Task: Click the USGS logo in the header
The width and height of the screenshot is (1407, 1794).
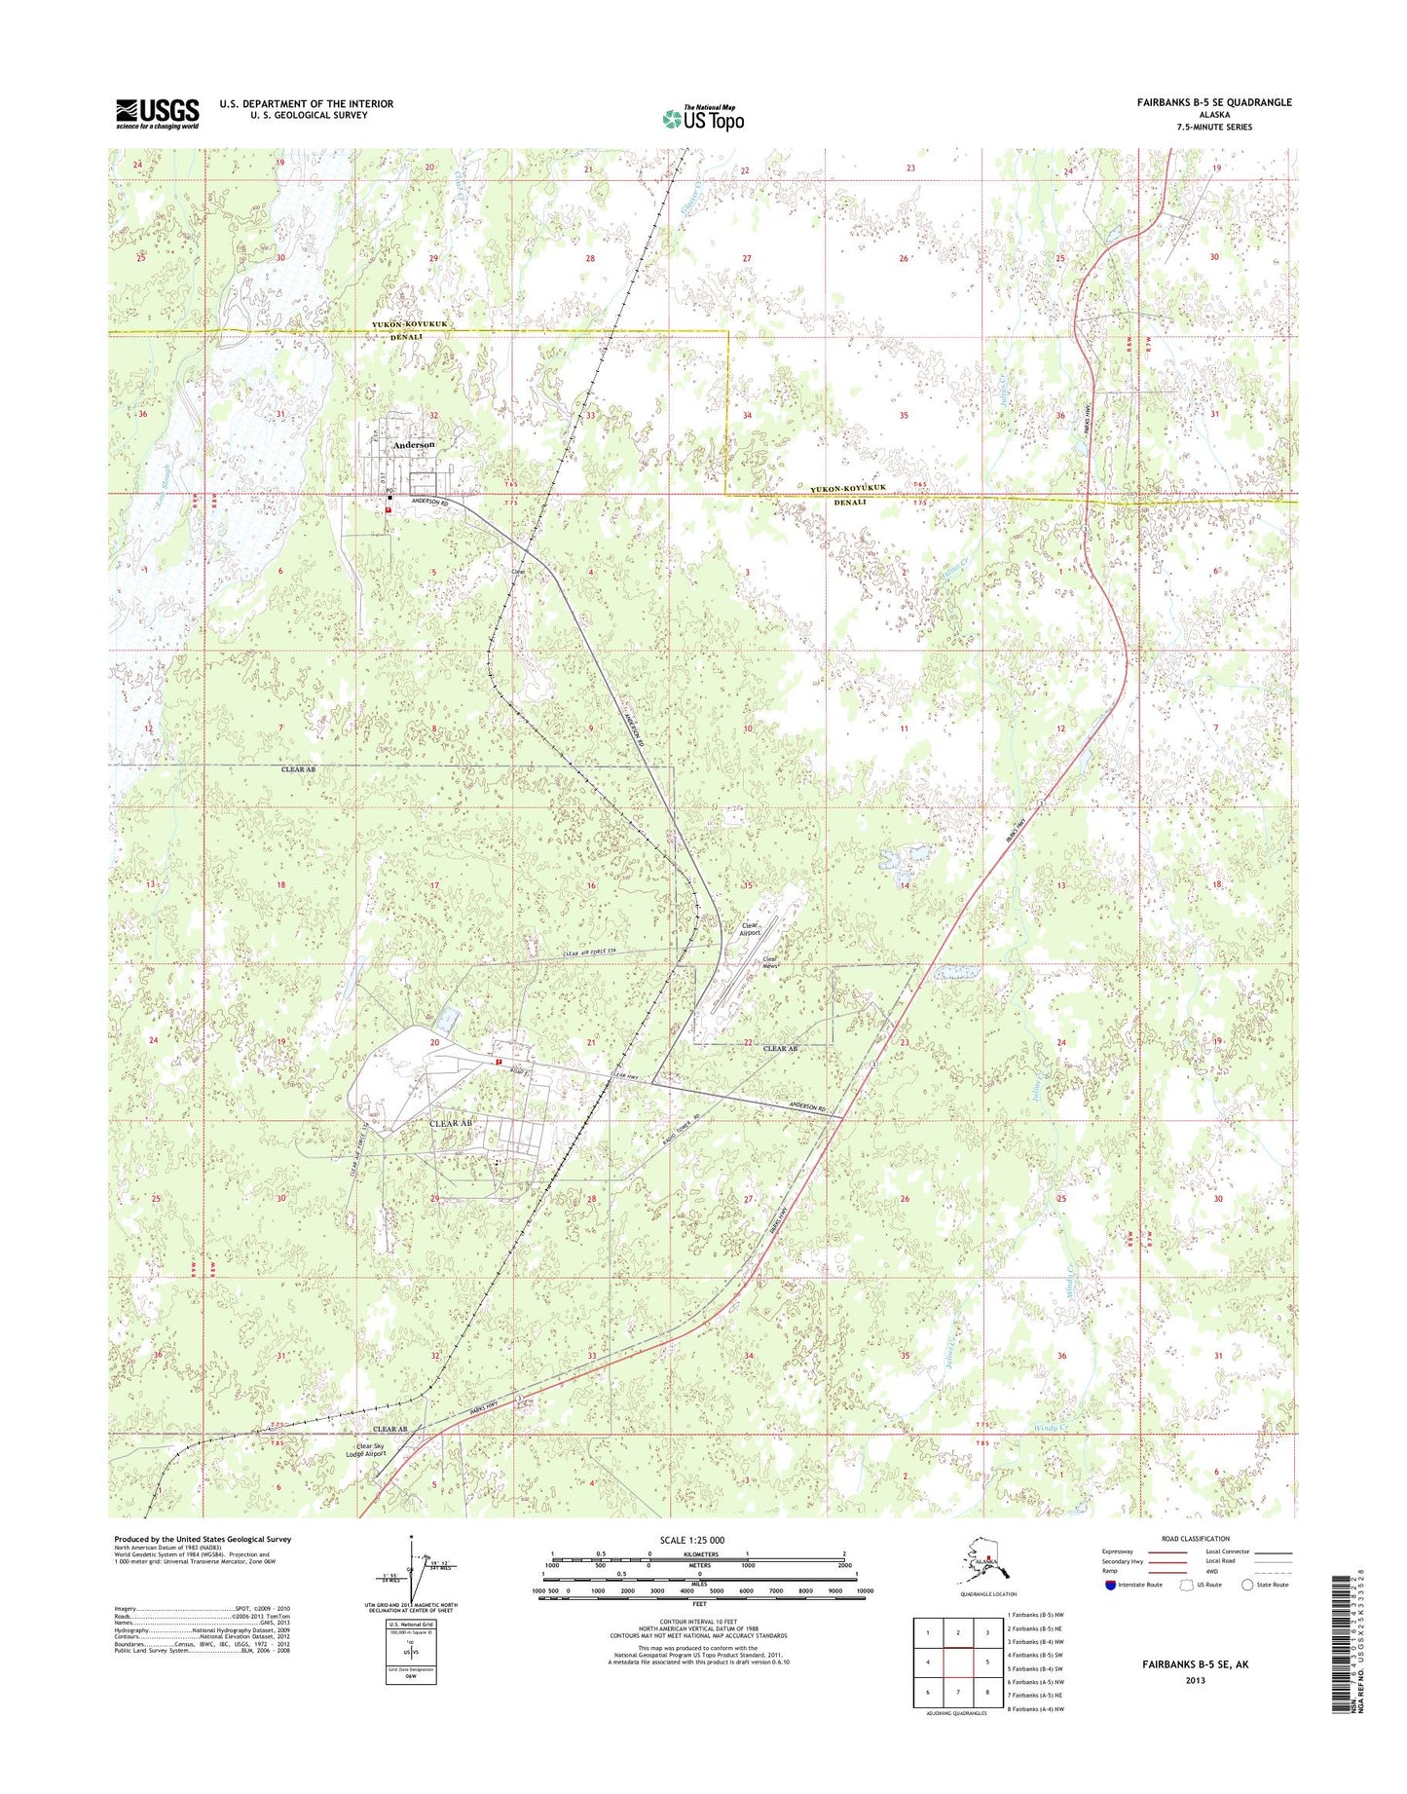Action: pyautogui.click(x=158, y=113)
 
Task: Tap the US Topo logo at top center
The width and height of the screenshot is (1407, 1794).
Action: pyautogui.click(x=703, y=118)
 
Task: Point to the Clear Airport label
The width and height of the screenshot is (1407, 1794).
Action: pyautogui.click(x=749, y=929)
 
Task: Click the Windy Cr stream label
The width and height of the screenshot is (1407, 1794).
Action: pyautogui.click(x=1051, y=1428)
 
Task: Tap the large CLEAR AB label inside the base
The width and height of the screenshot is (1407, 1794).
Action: pyautogui.click(x=451, y=1123)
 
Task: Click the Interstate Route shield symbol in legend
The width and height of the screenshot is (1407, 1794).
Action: pyautogui.click(x=1110, y=1585)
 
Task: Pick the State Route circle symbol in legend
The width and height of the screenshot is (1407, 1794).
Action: pyautogui.click(x=1247, y=1585)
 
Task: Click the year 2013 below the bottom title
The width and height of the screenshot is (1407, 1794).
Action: pyautogui.click(x=1195, y=1680)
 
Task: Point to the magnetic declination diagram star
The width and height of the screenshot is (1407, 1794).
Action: pyautogui.click(x=412, y=1540)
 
